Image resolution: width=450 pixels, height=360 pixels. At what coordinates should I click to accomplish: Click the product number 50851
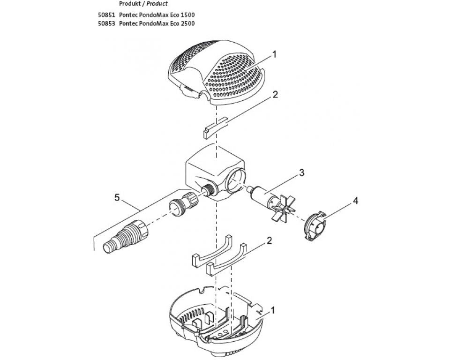(106, 15)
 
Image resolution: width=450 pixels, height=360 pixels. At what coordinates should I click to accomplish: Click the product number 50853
(106, 23)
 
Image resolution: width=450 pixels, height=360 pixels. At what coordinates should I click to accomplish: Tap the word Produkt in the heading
(130, 4)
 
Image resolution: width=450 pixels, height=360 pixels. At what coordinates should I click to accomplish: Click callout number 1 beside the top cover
(274, 54)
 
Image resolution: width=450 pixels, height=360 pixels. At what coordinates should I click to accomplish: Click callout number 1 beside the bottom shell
(273, 310)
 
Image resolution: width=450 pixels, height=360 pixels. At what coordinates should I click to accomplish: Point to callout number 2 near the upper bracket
(275, 94)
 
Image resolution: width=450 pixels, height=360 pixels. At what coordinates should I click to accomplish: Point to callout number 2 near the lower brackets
(269, 240)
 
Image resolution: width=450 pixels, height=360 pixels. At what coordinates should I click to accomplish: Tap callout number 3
(301, 173)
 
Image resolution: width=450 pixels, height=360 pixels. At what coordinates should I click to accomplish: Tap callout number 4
(356, 201)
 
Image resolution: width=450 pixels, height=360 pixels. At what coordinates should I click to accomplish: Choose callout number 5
(117, 197)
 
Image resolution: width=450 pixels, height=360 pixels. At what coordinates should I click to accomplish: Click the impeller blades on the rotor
(283, 208)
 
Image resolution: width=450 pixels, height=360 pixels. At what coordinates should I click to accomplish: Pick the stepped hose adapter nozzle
(126, 237)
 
